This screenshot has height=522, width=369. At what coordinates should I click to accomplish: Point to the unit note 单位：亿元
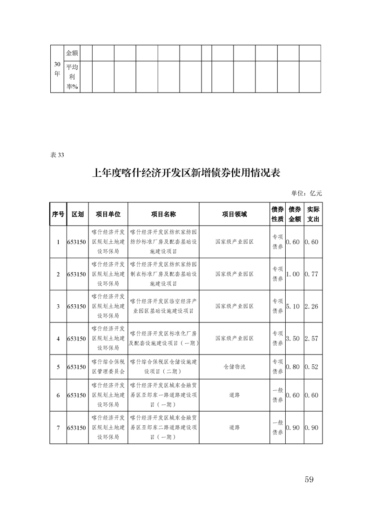pyautogui.click(x=306, y=193)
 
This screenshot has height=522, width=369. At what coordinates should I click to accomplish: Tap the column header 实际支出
pyautogui.click(x=313, y=214)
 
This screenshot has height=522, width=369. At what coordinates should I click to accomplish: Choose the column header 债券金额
pyautogui.click(x=295, y=214)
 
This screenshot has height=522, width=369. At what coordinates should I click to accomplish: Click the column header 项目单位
pyautogui.click(x=108, y=214)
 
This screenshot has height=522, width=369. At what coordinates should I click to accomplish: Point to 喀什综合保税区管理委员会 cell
pyautogui.click(x=108, y=367)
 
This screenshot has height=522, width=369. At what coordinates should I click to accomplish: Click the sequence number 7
pyautogui.click(x=58, y=428)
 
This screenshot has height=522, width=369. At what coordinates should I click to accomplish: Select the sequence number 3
pyautogui.click(x=58, y=306)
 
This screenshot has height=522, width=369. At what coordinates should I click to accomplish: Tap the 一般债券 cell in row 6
pyautogui.click(x=277, y=395)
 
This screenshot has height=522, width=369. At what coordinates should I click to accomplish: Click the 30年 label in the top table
pyautogui.click(x=57, y=70)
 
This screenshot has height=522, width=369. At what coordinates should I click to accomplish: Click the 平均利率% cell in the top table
pyautogui.click(x=72, y=77)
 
